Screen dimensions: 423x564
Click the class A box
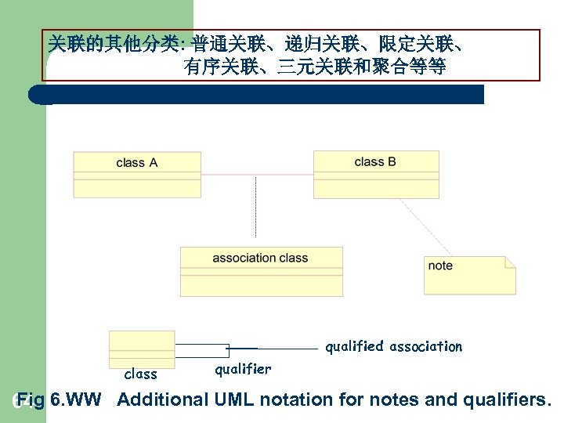point(137,173)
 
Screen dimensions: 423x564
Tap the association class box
point(261,271)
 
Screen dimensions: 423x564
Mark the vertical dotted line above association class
point(255,208)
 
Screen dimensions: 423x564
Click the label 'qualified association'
point(394,346)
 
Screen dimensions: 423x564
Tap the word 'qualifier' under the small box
point(243,369)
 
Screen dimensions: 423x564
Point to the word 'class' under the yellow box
point(141,374)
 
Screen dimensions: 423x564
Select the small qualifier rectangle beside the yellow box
point(202,350)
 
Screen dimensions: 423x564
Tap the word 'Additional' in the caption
point(162,399)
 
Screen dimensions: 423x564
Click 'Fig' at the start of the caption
point(32,399)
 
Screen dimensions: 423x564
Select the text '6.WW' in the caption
point(75,399)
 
